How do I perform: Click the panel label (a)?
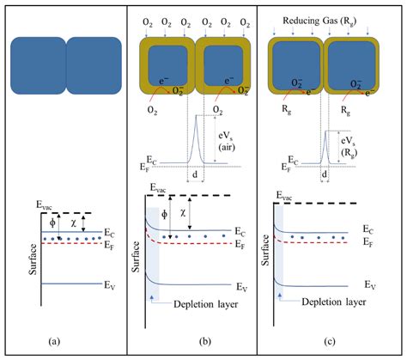coord(54,341)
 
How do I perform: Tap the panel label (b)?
coord(205,341)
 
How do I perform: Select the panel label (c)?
coord(330,341)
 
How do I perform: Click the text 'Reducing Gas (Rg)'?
coord(319,21)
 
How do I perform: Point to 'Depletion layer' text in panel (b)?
coord(205,304)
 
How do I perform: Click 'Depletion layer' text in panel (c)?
coord(334,302)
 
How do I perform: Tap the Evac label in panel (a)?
coord(44,205)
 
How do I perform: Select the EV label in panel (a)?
coord(110,285)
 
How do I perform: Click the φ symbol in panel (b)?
coord(164,214)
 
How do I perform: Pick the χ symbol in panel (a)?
coord(74,223)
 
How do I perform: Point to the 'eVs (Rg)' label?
coord(349,146)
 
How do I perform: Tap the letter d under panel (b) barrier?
coord(195,174)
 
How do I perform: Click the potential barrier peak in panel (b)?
coord(196,115)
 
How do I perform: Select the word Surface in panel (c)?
coord(265,250)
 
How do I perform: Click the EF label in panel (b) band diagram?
coord(240,245)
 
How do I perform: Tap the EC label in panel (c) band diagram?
coord(368,229)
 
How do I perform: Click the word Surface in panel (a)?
coord(33,259)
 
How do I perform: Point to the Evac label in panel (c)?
coord(284,196)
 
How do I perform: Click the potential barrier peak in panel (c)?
coord(325,131)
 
